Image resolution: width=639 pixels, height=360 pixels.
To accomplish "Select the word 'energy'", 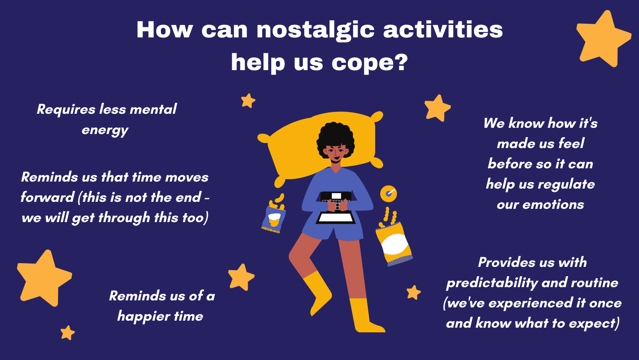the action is [x=105, y=131].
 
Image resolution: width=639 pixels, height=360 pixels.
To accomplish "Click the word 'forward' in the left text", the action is [x=48, y=197].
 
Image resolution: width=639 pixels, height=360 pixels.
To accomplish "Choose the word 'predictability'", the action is [x=492, y=283].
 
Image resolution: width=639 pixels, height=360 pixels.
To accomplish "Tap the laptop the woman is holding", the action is [x=336, y=208].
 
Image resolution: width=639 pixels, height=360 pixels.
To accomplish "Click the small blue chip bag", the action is [x=274, y=218].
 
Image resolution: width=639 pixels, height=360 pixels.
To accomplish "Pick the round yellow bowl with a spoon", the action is [x=388, y=194].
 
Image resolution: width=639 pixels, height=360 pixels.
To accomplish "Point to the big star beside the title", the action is [x=603, y=39].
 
